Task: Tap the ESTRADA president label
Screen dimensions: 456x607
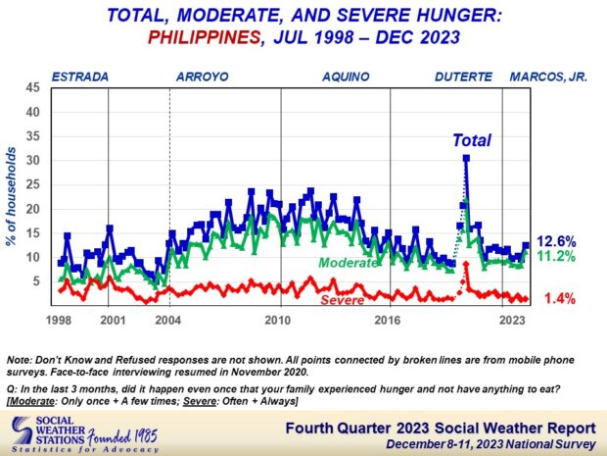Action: [x=79, y=77]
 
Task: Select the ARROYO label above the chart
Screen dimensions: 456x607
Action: [x=204, y=77]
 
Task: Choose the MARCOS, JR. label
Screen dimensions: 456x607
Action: [x=547, y=77]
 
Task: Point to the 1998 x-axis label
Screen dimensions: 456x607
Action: [x=58, y=321]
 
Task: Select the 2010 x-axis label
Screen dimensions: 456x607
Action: [x=279, y=321]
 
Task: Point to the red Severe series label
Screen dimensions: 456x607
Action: [x=349, y=299]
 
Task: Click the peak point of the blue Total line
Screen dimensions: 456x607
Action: [x=466, y=158]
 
